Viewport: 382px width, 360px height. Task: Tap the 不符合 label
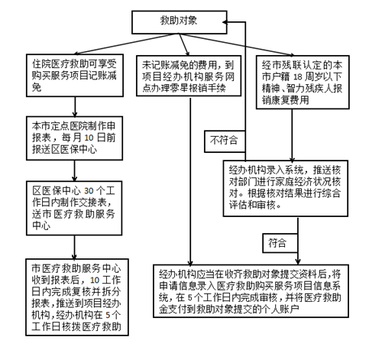coord(222,140)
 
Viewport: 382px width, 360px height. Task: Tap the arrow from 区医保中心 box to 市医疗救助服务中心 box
coord(73,243)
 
